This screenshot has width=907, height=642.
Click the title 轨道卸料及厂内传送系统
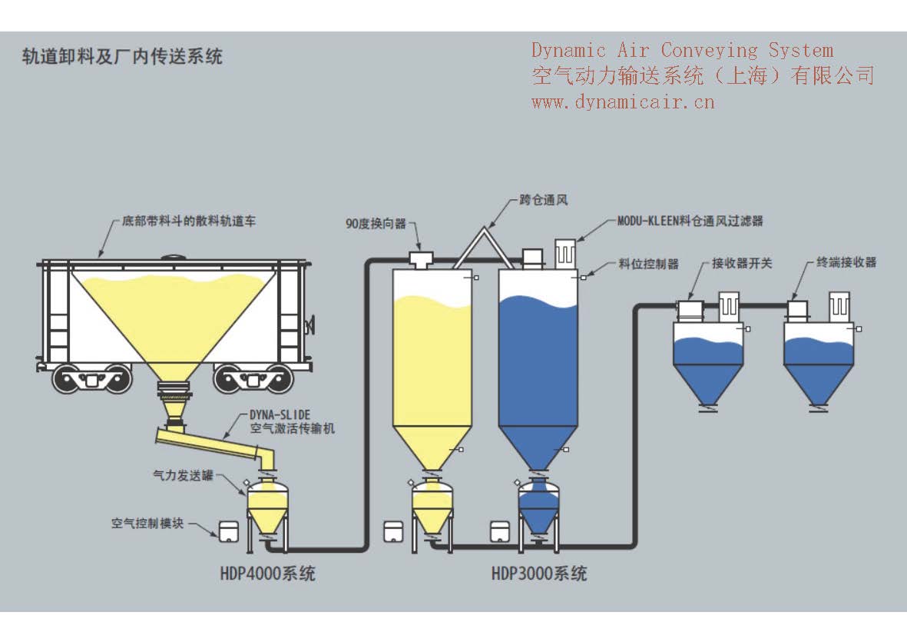pyautogui.click(x=122, y=56)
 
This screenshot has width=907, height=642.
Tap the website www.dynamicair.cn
pyautogui.click(x=623, y=101)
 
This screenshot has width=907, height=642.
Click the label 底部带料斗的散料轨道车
pyautogui.click(x=189, y=221)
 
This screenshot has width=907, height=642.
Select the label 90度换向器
pyautogui.click(x=375, y=224)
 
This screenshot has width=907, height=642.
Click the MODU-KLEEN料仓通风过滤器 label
pyautogui.click(x=690, y=221)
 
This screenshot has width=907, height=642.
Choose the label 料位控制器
pyautogui.click(x=648, y=264)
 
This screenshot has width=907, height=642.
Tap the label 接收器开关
pyautogui.click(x=742, y=263)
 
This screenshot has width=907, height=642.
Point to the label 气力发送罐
pyautogui.click(x=182, y=477)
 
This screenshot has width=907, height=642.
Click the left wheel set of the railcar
pyautogui.click(x=92, y=378)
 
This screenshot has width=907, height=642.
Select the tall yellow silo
pyautogui.click(x=432, y=361)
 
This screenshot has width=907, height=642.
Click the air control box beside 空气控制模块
pyautogui.click(x=227, y=531)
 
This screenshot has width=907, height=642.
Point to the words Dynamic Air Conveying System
pyautogui.click(x=682, y=51)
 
